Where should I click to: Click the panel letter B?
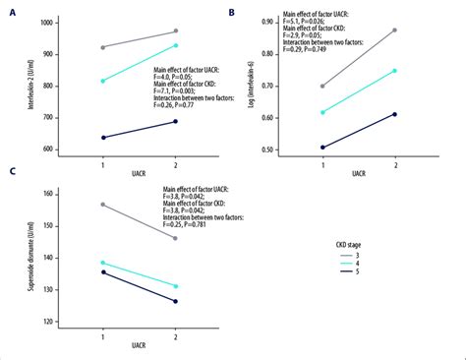231,12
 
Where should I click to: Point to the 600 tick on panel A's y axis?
51,150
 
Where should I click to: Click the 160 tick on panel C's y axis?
51,194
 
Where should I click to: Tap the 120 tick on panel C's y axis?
51,322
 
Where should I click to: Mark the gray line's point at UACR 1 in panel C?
102,205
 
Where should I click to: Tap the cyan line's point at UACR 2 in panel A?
176,45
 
